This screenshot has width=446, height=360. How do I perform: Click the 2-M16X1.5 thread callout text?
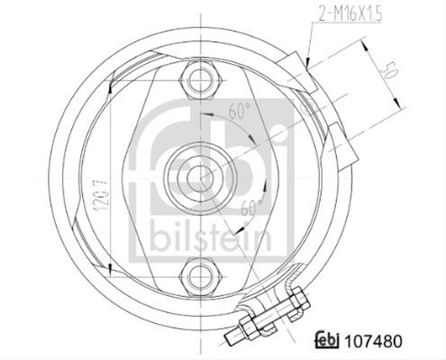(x=350, y=14)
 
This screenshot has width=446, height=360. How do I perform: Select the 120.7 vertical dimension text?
(x=101, y=196)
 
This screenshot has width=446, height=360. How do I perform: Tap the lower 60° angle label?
(x=251, y=206)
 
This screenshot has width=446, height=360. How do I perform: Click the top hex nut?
(x=200, y=80)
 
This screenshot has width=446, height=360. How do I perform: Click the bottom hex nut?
(x=200, y=277)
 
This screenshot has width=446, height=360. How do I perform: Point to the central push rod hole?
(x=200, y=178)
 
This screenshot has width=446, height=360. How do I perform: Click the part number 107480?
(x=372, y=341)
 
